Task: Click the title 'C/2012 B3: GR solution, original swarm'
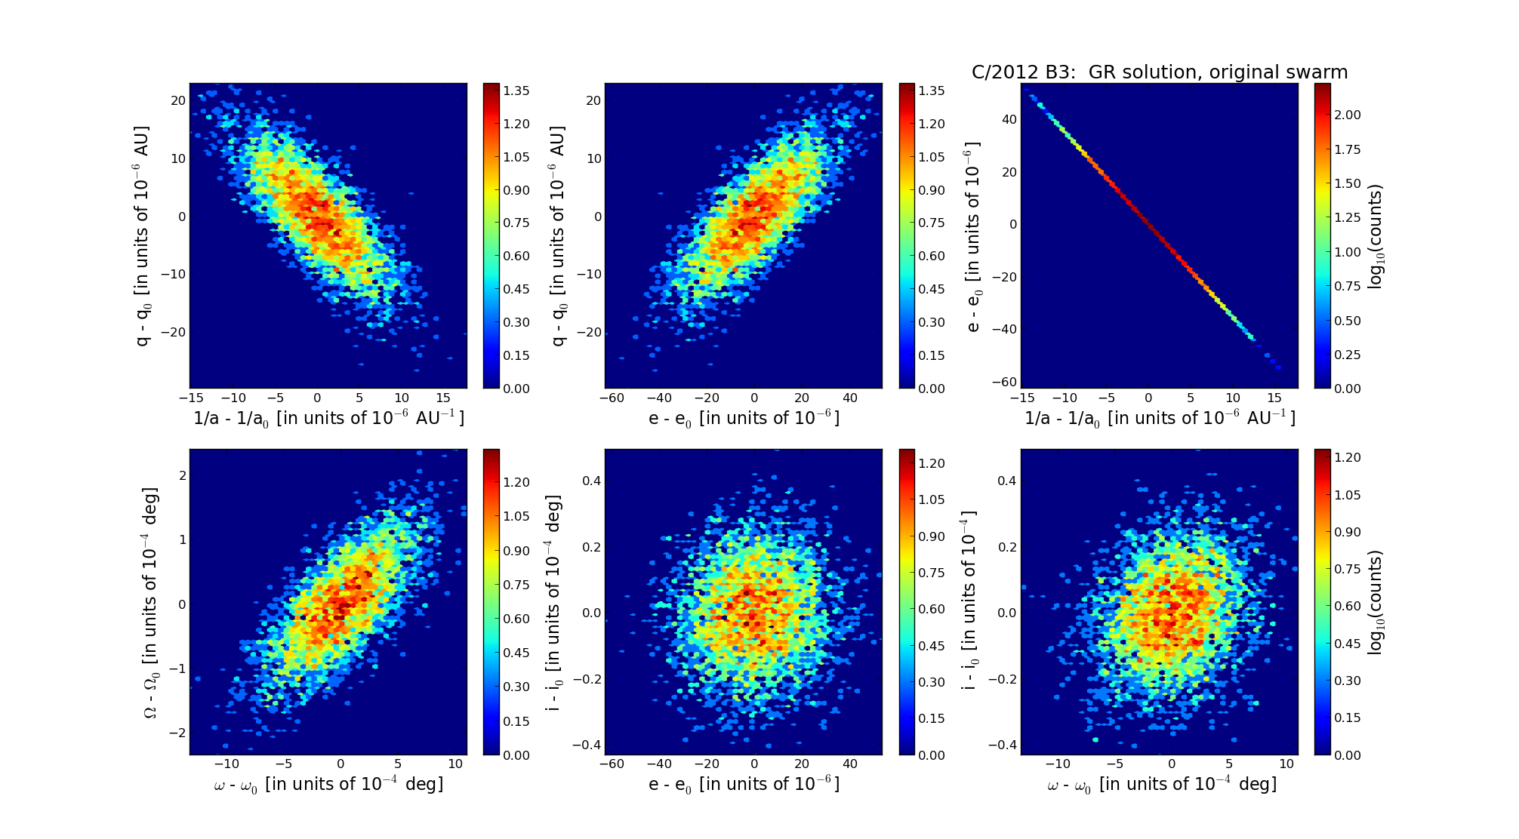click(x=1159, y=72)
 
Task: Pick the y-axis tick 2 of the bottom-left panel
click(x=182, y=475)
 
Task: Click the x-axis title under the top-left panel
click(x=328, y=418)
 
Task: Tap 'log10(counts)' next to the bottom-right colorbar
click(x=1376, y=602)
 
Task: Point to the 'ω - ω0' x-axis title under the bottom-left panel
click(x=328, y=785)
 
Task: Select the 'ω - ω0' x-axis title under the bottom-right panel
click(x=1161, y=785)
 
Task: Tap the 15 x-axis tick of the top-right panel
click(x=1274, y=398)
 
